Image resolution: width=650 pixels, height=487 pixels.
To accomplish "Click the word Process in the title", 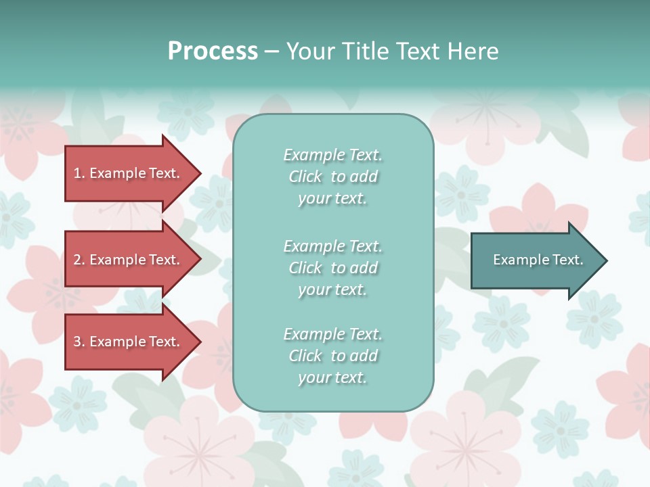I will coord(213,51).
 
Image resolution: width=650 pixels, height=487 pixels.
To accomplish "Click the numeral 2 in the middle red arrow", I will coord(77,260).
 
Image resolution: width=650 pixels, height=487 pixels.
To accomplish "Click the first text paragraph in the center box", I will coord(332,177).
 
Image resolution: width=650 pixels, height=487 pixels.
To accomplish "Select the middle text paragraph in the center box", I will coord(332,268).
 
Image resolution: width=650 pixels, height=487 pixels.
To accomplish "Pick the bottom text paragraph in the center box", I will coord(332,356).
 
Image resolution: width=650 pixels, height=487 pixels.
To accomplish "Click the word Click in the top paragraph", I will coord(305,177).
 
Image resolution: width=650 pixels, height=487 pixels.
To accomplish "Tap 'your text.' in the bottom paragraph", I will coord(332,377).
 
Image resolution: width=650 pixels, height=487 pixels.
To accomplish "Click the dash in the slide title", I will coord(272,52).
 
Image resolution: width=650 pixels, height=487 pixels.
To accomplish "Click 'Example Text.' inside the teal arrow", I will coord(538,260).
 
